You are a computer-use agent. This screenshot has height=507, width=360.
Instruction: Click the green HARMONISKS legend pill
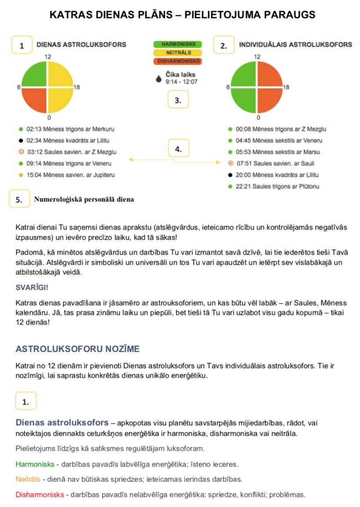tap(178, 45)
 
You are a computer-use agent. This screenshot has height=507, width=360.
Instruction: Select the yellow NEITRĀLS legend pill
tap(178, 53)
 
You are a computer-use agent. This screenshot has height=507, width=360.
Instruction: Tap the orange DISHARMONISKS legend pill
tap(178, 61)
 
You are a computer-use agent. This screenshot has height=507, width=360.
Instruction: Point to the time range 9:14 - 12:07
tap(182, 82)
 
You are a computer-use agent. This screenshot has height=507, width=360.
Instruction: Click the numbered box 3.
tap(178, 100)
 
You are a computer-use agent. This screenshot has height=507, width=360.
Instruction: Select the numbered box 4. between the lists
tap(178, 149)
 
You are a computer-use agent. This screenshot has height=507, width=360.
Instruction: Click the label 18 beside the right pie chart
tap(286, 88)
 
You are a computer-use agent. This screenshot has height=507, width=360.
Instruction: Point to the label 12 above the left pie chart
tap(48, 57)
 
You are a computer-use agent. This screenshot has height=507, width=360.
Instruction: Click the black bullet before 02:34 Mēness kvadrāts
tap(21, 141)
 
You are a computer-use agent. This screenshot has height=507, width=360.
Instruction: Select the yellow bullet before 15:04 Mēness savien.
tap(21, 175)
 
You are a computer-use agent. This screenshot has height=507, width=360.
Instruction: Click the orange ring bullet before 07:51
tap(230, 164)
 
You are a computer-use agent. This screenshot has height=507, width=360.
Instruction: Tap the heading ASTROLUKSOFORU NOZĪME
tap(77, 349)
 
